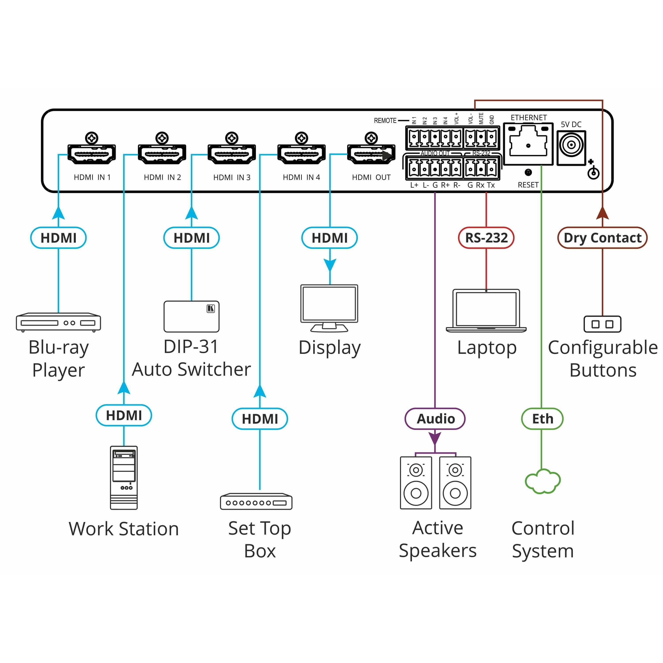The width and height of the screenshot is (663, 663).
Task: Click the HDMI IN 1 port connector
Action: pyautogui.click(x=92, y=154)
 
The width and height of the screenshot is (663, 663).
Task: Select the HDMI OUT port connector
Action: pyautogui.click(x=371, y=154)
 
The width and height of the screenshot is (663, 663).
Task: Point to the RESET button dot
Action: pyautogui.click(x=528, y=172)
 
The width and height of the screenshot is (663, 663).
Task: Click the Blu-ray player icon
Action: pyautogui.click(x=58, y=322)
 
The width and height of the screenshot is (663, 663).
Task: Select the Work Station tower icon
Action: pyautogui.click(x=124, y=477)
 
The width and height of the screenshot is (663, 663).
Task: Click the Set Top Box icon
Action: pyautogui.click(x=256, y=502)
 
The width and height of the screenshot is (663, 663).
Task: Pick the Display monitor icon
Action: pyautogui.click(x=329, y=308)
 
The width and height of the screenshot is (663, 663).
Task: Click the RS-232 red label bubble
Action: pyautogui.click(x=486, y=238)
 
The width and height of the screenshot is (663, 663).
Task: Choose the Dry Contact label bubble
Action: pyautogui.click(x=602, y=238)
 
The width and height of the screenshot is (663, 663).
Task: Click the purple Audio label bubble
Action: pyautogui.click(x=435, y=419)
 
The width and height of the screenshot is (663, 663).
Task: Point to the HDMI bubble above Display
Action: pyautogui.click(x=330, y=238)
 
